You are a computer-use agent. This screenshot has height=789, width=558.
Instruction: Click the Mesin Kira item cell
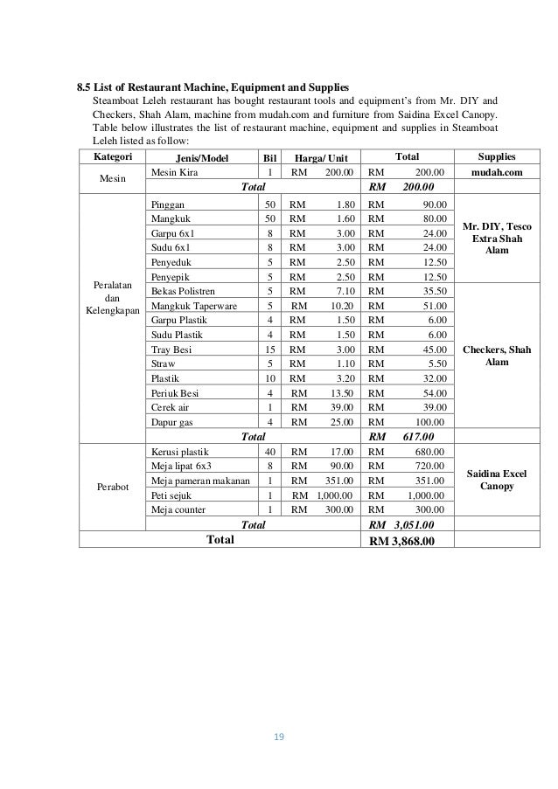pos(174,173)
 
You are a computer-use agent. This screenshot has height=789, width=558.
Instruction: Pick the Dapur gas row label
pos(172,422)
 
